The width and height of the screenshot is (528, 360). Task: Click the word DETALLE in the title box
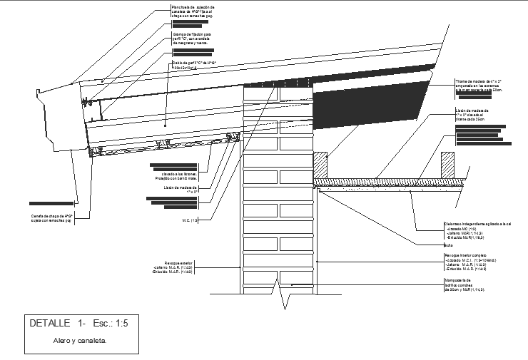click(x=51, y=324)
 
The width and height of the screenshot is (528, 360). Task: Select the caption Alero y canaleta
click(x=80, y=341)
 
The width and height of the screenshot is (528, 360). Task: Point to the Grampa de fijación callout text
click(x=192, y=38)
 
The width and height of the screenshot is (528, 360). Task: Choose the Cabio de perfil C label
click(x=194, y=65)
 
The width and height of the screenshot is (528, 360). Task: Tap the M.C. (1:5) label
click(x=191, y=220)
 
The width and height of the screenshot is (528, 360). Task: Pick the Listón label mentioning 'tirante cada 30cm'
click(x=474, y=115)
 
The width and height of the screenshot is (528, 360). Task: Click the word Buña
click(x=448, y=244)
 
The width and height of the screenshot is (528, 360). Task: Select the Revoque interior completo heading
click(x=467, y=255)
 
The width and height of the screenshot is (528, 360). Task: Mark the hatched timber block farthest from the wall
click(x=447, y=164)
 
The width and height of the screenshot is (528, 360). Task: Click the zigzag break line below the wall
click(x=285, y=299)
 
